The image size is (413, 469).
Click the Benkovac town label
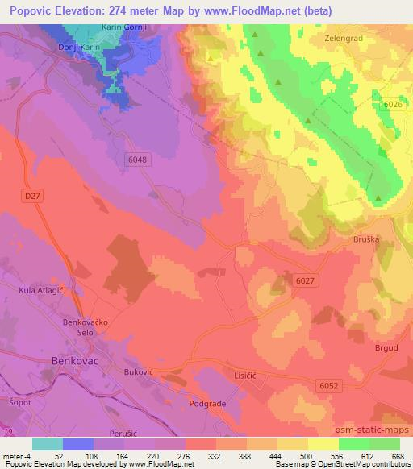coord(77,362)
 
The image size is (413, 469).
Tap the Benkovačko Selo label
coord(96,327)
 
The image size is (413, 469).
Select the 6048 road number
coord(137,160)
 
